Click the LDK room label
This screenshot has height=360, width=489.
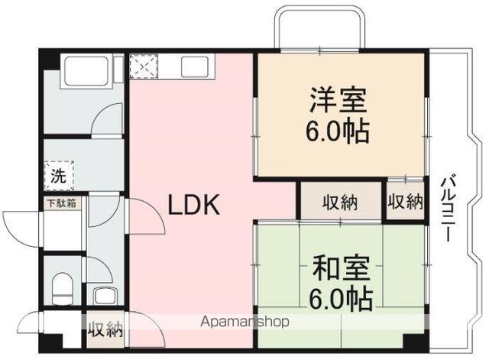(x=194, y=204)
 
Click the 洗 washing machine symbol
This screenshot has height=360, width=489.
(x=60, y=174)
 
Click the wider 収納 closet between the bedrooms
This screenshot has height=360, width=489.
(x=339, y=203)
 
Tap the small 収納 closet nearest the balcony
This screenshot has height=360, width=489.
(x=405, y=202)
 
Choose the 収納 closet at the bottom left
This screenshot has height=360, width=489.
(x=105, y=330)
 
